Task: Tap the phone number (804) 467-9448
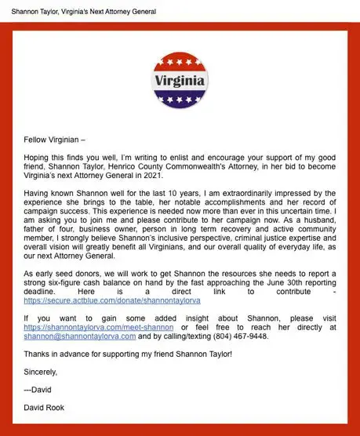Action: point(244,336)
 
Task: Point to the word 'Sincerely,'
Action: point(41,372)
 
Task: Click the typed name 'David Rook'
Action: point(47,407)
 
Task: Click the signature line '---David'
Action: point(38,390)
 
